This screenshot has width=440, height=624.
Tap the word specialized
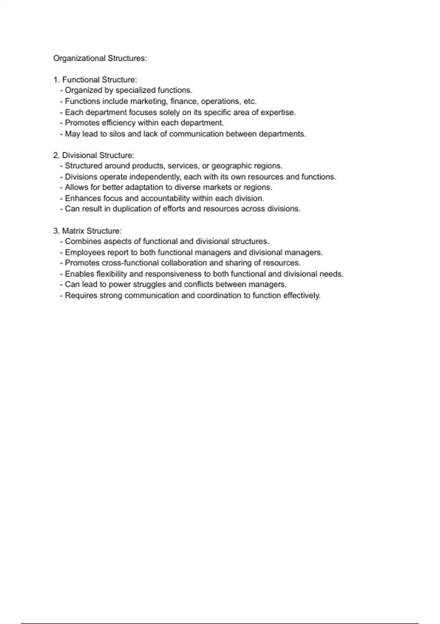pos(136,90)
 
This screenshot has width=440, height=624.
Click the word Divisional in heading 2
pos(79,155)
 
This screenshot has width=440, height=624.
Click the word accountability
pos(165,199)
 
